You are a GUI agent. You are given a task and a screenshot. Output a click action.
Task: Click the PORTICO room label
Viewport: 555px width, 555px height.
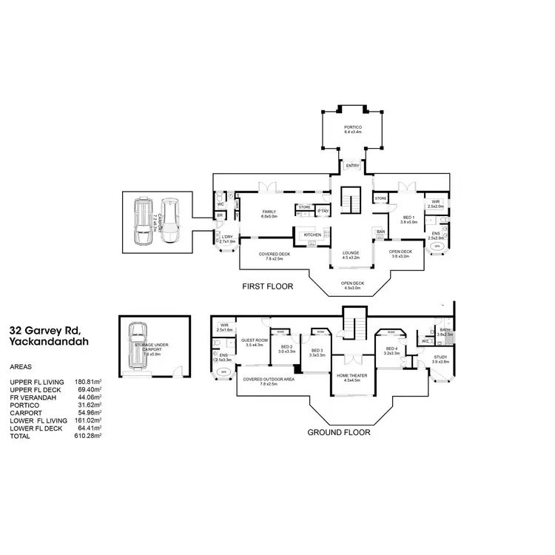pos(352,127)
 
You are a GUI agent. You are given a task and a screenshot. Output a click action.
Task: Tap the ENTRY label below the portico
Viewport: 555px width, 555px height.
pos(351,166)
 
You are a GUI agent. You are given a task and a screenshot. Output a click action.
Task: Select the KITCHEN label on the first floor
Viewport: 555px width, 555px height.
pos(312,235)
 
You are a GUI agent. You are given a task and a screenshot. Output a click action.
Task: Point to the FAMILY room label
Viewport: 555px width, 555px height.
pos(269,212)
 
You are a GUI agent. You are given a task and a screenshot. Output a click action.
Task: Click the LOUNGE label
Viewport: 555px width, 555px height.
pos(351,253)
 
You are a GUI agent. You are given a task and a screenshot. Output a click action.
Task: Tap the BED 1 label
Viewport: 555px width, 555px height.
pos(409,218)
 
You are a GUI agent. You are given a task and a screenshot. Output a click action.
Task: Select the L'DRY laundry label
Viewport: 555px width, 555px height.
pos(227,238)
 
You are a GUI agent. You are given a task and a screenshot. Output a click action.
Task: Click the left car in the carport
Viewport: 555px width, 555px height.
pos(142,221)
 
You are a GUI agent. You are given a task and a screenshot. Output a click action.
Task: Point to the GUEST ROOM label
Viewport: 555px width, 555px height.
pos(254,341)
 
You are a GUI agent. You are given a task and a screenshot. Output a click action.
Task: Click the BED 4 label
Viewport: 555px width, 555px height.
pos(391,349)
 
